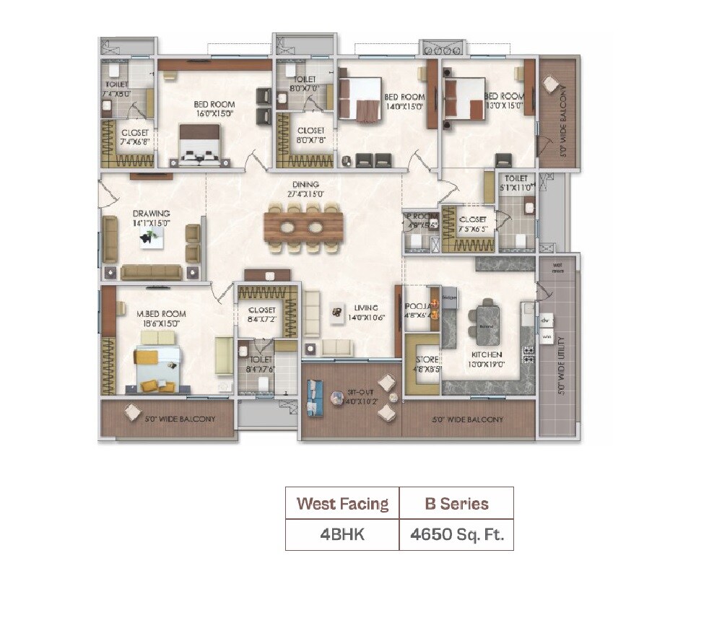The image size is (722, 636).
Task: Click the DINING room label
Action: [x=306, y=185]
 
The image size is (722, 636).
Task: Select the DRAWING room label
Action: [x=151, y=214]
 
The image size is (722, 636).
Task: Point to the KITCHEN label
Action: [x=487, y=355]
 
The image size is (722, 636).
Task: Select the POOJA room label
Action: [x=417, y=307]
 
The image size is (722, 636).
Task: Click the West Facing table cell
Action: [x=342, y=503]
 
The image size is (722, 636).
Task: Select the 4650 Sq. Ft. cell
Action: [x=456, y=535]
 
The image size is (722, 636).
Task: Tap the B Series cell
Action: [x=456, y=503]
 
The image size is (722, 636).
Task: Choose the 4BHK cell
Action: [x=342, y=535]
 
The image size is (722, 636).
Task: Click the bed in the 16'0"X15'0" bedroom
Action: [x=199, y=146]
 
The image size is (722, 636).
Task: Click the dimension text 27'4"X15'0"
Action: [x=306, y=193]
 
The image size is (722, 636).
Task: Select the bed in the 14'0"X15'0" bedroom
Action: [x=360, y=99]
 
